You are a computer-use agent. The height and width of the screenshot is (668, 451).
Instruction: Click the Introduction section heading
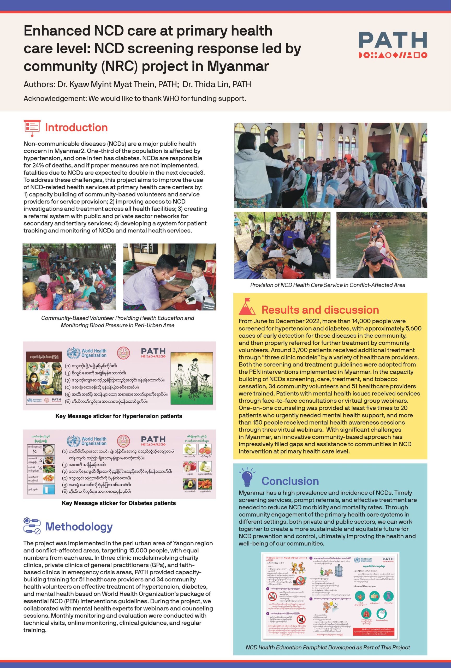[76, 128]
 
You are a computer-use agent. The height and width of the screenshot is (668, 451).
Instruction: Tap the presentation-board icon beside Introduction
[32, 128]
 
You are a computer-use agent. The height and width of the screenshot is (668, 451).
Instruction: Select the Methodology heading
[79, 527]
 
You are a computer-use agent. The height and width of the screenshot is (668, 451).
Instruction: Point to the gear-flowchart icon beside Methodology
[32, 526]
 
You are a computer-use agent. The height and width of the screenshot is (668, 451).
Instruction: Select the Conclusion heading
[290, 481]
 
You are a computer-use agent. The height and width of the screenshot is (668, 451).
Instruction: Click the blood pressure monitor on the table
[194, 300]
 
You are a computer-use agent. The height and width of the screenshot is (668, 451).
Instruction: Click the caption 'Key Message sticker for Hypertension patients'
[119, 416]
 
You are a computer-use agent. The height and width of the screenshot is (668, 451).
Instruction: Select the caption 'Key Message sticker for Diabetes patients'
[119, 503]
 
